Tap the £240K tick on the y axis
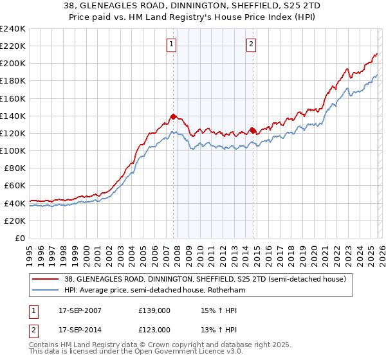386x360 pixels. pos(13,29)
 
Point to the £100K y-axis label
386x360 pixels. pos(13,150)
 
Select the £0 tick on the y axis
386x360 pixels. pos(21,238)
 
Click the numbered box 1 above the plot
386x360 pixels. pos(172,44)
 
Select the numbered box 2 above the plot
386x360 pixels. pos(251,44)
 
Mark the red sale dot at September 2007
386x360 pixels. pos(173,116)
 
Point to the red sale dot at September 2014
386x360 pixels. pos(252,130)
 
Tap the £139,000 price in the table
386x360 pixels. pos(154,310)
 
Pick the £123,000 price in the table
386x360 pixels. pos(154,330)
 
